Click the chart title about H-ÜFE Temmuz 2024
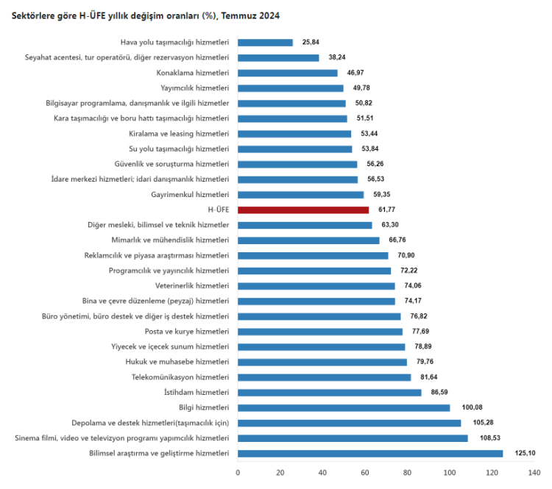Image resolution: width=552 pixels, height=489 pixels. tap(146, 15)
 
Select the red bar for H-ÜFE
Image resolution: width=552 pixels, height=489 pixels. tap(303, 210)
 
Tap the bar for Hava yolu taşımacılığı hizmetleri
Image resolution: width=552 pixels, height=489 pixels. tap(265, 43)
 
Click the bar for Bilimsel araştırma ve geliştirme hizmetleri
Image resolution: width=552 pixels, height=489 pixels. tap(370, 454)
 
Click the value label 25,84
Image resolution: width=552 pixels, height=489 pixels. tap(311, 43)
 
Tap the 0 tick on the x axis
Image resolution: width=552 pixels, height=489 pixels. tap(238, 473)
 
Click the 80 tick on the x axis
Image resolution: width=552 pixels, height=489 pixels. tap(408, 473)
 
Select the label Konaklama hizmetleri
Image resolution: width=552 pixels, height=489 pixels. tap(193, 73)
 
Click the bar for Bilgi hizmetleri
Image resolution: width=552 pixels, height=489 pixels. tap(344, 408)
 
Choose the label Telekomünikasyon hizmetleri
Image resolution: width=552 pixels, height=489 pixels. tap(180, 377)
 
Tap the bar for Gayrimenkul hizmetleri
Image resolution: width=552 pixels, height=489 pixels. tap(300, 195)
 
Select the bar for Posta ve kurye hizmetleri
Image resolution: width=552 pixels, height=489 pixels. tap(320, 332)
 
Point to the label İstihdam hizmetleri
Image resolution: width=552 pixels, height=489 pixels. tap(197, 393)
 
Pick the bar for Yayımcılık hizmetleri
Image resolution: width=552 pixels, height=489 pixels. tap(291, 88)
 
